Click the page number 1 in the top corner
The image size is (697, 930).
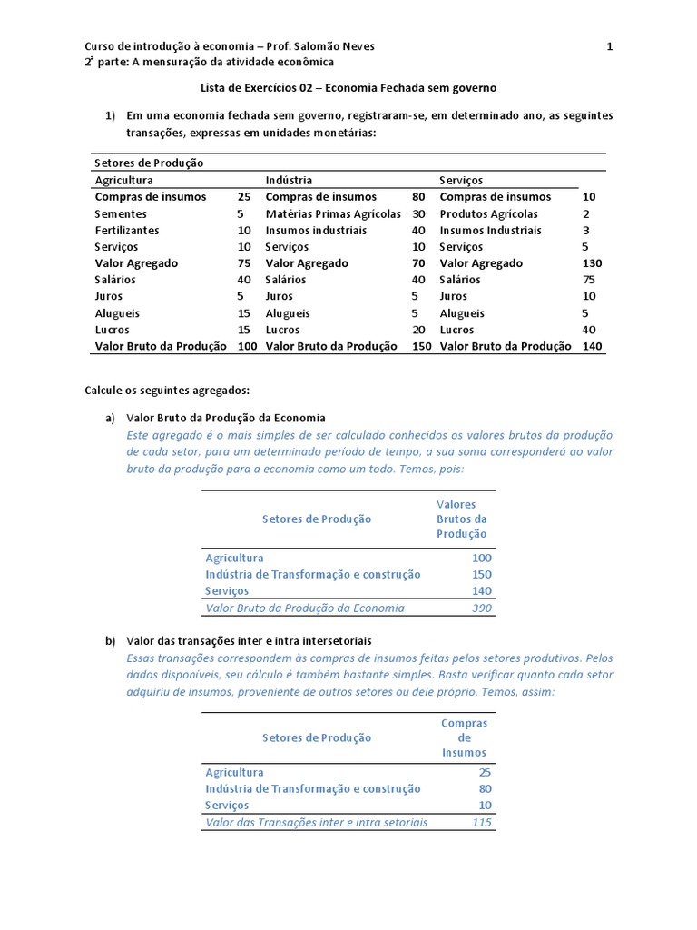tap(610, 46)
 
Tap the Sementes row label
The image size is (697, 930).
tap(121, 213)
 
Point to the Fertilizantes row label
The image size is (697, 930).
tap(127, 230)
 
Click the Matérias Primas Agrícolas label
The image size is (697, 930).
tap(333, 213)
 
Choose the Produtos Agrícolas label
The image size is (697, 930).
tap(489, 213)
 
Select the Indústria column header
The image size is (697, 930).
tap(289, 180)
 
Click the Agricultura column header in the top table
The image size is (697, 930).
tap(124, 180)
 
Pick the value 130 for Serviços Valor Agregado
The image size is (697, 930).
tap(592, 263)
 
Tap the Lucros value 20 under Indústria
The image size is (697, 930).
tap(418, 330)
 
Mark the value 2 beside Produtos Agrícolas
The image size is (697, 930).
tap(586, 213)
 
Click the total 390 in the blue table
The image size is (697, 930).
tap(481, 608)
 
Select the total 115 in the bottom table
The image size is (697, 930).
tap(481, 822)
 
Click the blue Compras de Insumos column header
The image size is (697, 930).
tap(464, 737)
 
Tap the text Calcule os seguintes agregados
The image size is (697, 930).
tap(166, 390)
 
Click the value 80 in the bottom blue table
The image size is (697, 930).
tap(485, 788)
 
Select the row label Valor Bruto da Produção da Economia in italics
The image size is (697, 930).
tap(305, 608)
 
